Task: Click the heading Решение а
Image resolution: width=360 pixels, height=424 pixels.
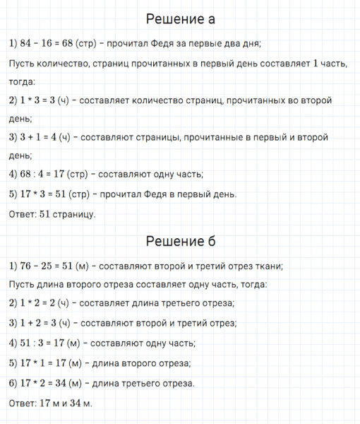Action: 179,18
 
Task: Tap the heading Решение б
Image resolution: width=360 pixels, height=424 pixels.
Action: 179,241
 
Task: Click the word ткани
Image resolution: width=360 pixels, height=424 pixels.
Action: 268,266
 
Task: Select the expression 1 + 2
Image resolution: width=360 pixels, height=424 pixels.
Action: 32,324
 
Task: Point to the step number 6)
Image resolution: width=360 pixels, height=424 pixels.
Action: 14,383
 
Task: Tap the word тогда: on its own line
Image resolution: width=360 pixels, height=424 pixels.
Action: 23,82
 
